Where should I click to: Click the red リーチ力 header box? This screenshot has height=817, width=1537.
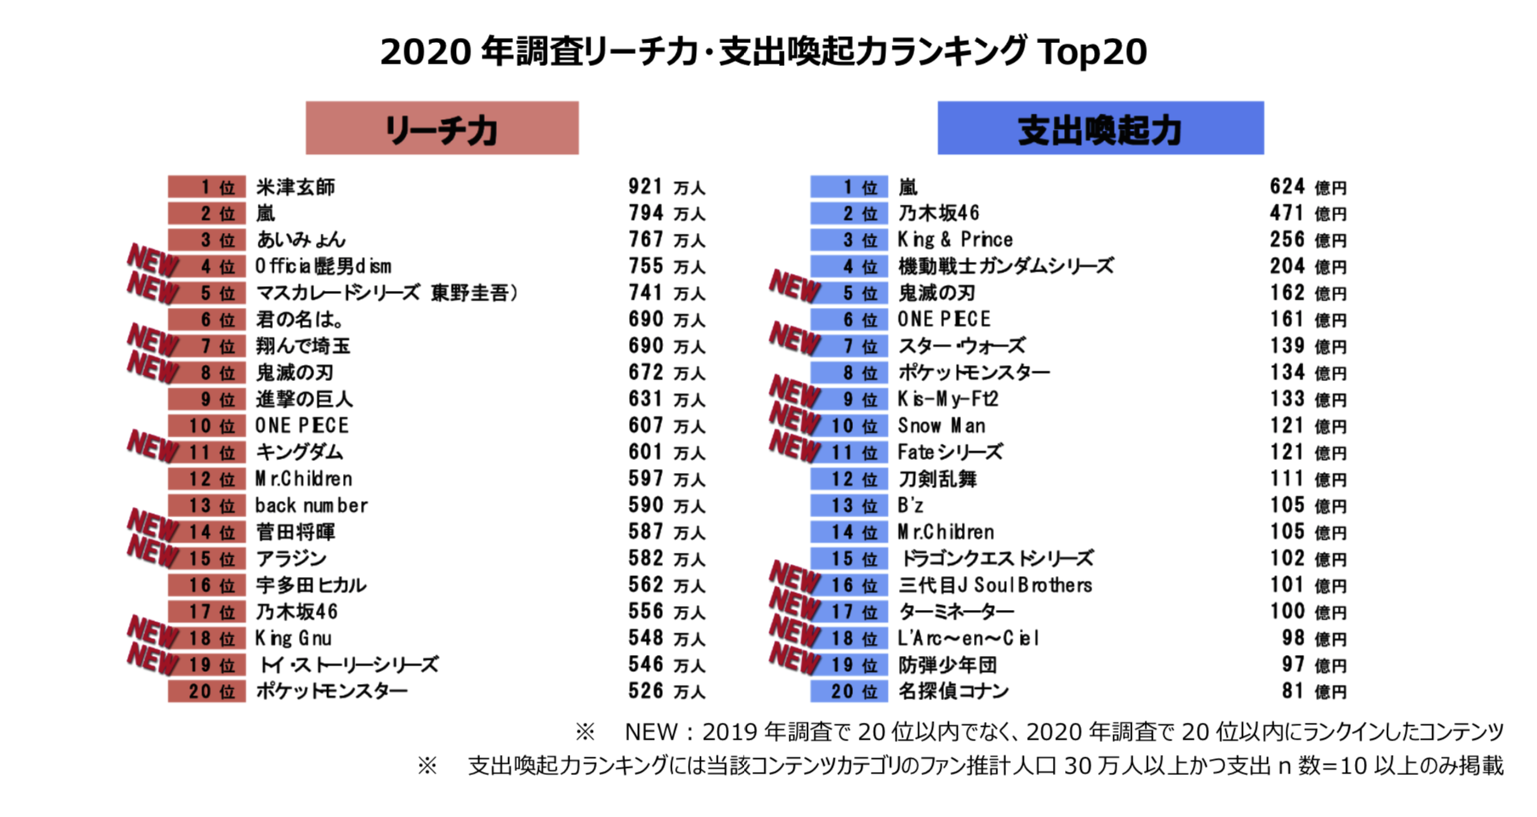tap(441, 128)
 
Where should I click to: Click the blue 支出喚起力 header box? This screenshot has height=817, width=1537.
tap(1100, 128)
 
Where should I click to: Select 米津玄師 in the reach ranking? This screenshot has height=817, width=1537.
tap(296, 187)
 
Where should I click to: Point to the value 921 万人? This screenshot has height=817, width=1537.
tap(666, 187)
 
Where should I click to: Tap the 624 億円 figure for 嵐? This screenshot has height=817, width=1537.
tap(1307, 187)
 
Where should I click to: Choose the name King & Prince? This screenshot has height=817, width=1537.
tap(955, 239)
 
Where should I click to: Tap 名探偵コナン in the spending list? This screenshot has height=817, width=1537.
tap(953, 691)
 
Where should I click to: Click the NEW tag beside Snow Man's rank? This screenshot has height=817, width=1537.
tap(794, 417)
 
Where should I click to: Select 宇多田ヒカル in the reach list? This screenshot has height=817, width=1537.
tap(311, 585)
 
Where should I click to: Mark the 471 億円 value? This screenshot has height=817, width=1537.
tap(1307, 214)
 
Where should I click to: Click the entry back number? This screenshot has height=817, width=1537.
tap(311, 505)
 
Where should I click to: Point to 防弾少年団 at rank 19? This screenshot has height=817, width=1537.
tap(947, 665)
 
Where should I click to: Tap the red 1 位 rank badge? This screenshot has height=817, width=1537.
tap(207, 187)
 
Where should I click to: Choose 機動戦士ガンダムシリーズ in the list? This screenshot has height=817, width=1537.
tap(1005, 266)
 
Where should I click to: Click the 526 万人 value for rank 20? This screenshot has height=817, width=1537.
tap(666, 691)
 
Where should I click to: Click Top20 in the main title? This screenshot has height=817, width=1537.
tap(1092, 52)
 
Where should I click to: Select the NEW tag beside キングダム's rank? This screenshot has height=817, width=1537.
tap(152, 445)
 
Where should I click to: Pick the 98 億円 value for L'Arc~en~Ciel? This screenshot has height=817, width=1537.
tap(1313, 638)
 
